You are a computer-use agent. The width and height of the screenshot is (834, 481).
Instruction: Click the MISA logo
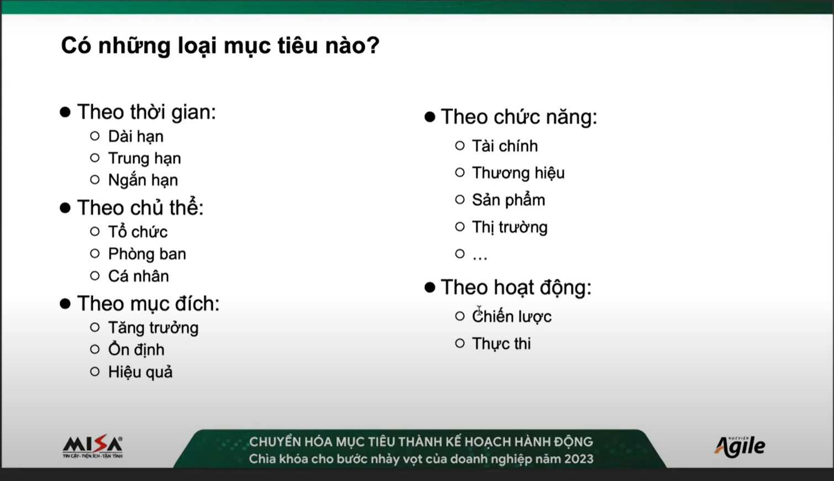pos(93,446)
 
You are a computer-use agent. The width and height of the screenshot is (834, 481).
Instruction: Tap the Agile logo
pos(739,446)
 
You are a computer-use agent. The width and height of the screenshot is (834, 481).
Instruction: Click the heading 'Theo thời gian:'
pos(146,112)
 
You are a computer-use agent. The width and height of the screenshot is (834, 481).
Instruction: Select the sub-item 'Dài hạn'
pos(136,137)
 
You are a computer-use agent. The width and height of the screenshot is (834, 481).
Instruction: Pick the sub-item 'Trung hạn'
pos(144,158)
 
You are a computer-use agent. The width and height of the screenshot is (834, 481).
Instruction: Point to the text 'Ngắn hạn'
pos(143,180)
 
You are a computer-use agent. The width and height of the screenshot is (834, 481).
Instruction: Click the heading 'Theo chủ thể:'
pos(140,207)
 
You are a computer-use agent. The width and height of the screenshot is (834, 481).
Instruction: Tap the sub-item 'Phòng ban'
pos(147,254)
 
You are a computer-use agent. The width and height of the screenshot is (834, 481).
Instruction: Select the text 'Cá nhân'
pos(139,276)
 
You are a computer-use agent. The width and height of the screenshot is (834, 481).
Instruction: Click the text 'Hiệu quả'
pos(140,372)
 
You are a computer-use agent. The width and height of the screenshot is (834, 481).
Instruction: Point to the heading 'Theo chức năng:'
pos(519,117)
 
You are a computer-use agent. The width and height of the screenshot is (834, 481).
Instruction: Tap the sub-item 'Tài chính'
pos(505,146)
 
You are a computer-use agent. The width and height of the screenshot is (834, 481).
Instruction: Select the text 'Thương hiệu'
pos(518,173)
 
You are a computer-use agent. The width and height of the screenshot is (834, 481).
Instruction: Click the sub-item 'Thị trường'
pos(510,227)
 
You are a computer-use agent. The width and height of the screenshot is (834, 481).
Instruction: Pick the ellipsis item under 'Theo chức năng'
pos(480,257)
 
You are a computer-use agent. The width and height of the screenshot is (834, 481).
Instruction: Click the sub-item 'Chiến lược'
pos(512,316)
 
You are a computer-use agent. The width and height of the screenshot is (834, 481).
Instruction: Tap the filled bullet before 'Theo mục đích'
pos(65,304)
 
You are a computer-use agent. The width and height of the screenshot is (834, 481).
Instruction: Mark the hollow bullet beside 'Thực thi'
pos(460,343)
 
